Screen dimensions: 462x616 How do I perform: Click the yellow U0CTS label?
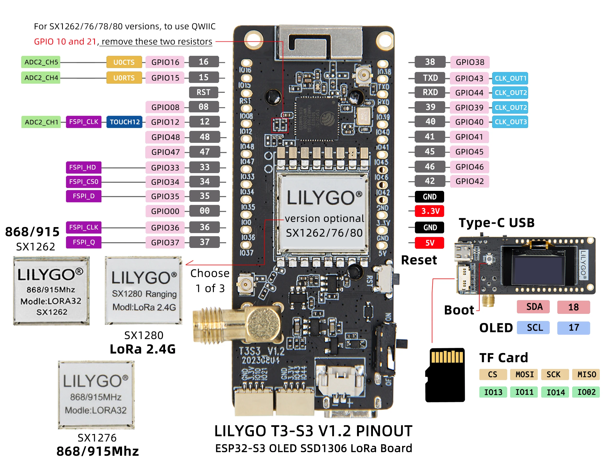click(x=124, y=62)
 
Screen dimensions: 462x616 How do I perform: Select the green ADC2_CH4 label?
click(x=41, y=78)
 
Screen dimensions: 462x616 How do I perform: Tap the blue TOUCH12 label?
click(x=124, y=122)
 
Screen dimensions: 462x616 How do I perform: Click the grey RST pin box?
click(x=203, y=93)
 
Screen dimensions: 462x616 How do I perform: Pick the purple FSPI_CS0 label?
click(x=83, y=181)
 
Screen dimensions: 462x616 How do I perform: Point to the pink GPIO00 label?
click(x=165, y=211)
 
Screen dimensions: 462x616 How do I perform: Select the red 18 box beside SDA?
click(x=573, y=307)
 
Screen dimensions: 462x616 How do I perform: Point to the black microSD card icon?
click(x=445, y=375)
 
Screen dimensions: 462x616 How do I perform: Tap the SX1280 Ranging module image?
click(x=143, y=290)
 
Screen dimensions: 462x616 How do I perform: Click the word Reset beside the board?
click(x=419, y=260)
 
